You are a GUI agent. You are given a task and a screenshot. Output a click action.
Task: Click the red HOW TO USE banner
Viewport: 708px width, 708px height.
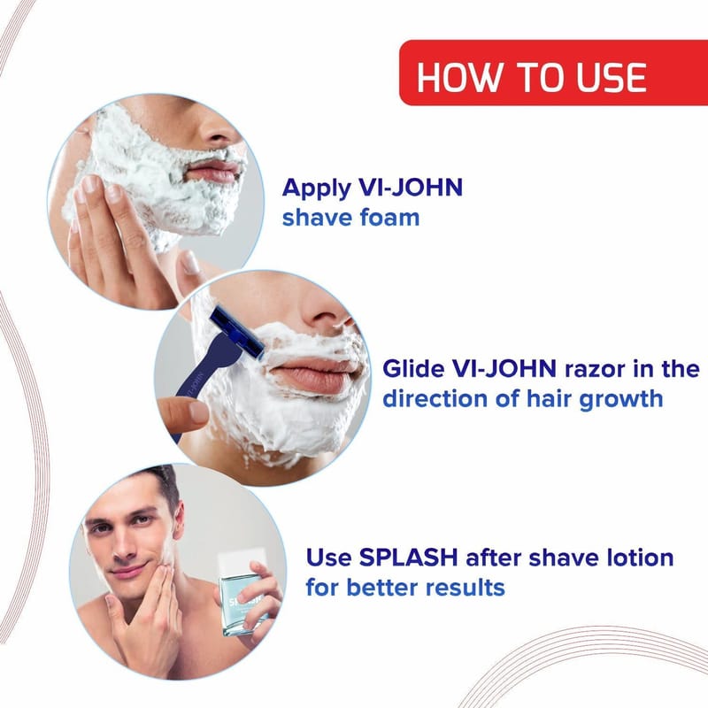click(x=554, y=73)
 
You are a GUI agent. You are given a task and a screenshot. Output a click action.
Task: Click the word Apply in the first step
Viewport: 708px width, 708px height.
click(x=316, y=189)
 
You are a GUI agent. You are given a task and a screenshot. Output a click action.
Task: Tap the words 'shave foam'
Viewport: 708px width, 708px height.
click(x=350, y=218)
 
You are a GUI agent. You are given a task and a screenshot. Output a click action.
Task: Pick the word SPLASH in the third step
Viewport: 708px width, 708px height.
click(x=408, y=558)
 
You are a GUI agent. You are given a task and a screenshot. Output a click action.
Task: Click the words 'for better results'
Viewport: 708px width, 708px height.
click(x=405, y=588)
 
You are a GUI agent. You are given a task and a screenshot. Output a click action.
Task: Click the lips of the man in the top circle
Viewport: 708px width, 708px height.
click(x=213, y=171)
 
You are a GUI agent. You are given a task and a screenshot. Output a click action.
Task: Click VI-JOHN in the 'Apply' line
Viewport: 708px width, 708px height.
click(x=410, y=188)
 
